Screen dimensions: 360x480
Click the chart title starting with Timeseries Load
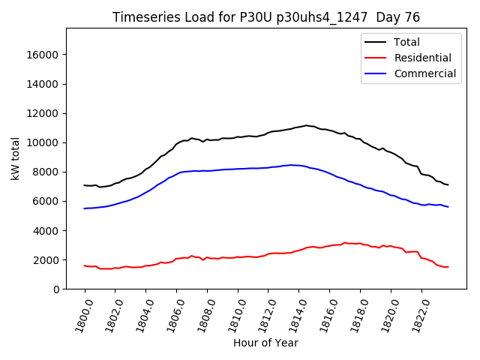click(x=266, y=17)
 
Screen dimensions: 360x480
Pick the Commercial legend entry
click(x=424, y=73)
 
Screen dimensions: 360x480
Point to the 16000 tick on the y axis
click(x=43, y=55)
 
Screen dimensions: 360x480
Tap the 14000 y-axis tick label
click(x=43, y=84)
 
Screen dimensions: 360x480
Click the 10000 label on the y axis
click(x=43, y=142)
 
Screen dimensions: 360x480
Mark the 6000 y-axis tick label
click(x=46, y=201)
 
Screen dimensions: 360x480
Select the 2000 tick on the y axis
click(x=46, y=260)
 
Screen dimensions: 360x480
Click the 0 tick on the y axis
click(x=57, y=289)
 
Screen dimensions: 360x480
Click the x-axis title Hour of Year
click(x=265, y=343)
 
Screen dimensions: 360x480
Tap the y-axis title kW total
click(x=15, y=158)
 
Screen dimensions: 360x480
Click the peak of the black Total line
click(x=306, y=125)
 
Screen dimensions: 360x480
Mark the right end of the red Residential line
click(x=448, y=267)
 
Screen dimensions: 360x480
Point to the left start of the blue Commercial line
click(x=85, y=208)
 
